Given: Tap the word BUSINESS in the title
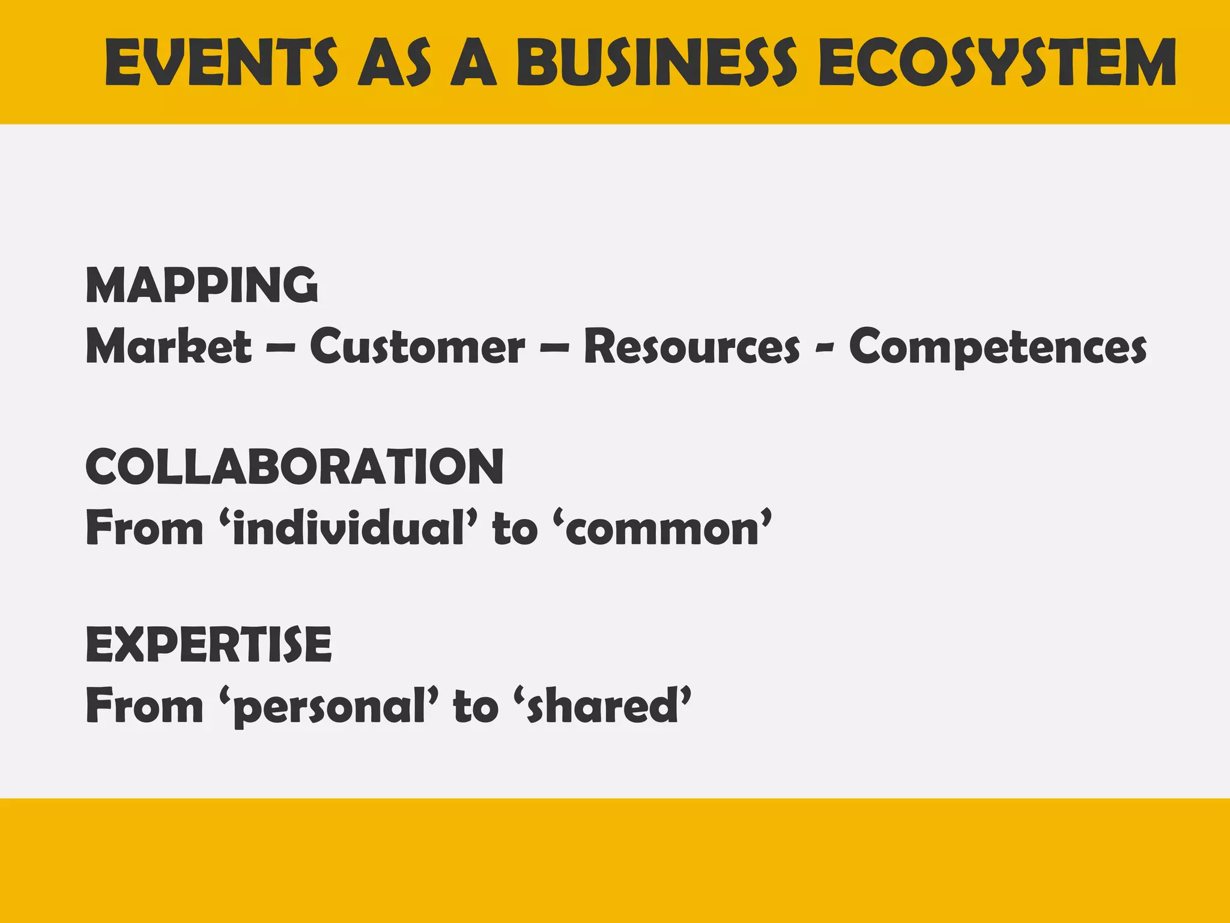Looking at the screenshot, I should click(x=656, y=62).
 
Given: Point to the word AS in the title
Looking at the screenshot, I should click(x=395, y=62).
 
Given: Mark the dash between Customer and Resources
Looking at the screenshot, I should click(x=554, y=349).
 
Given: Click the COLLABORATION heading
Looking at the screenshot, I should click(x=294, y=467).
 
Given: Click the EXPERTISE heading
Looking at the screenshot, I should click(x=208, y=644).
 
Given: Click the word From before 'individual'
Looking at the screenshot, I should click(x=145, y=528).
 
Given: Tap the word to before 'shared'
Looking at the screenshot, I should click(x=476, y=707).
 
